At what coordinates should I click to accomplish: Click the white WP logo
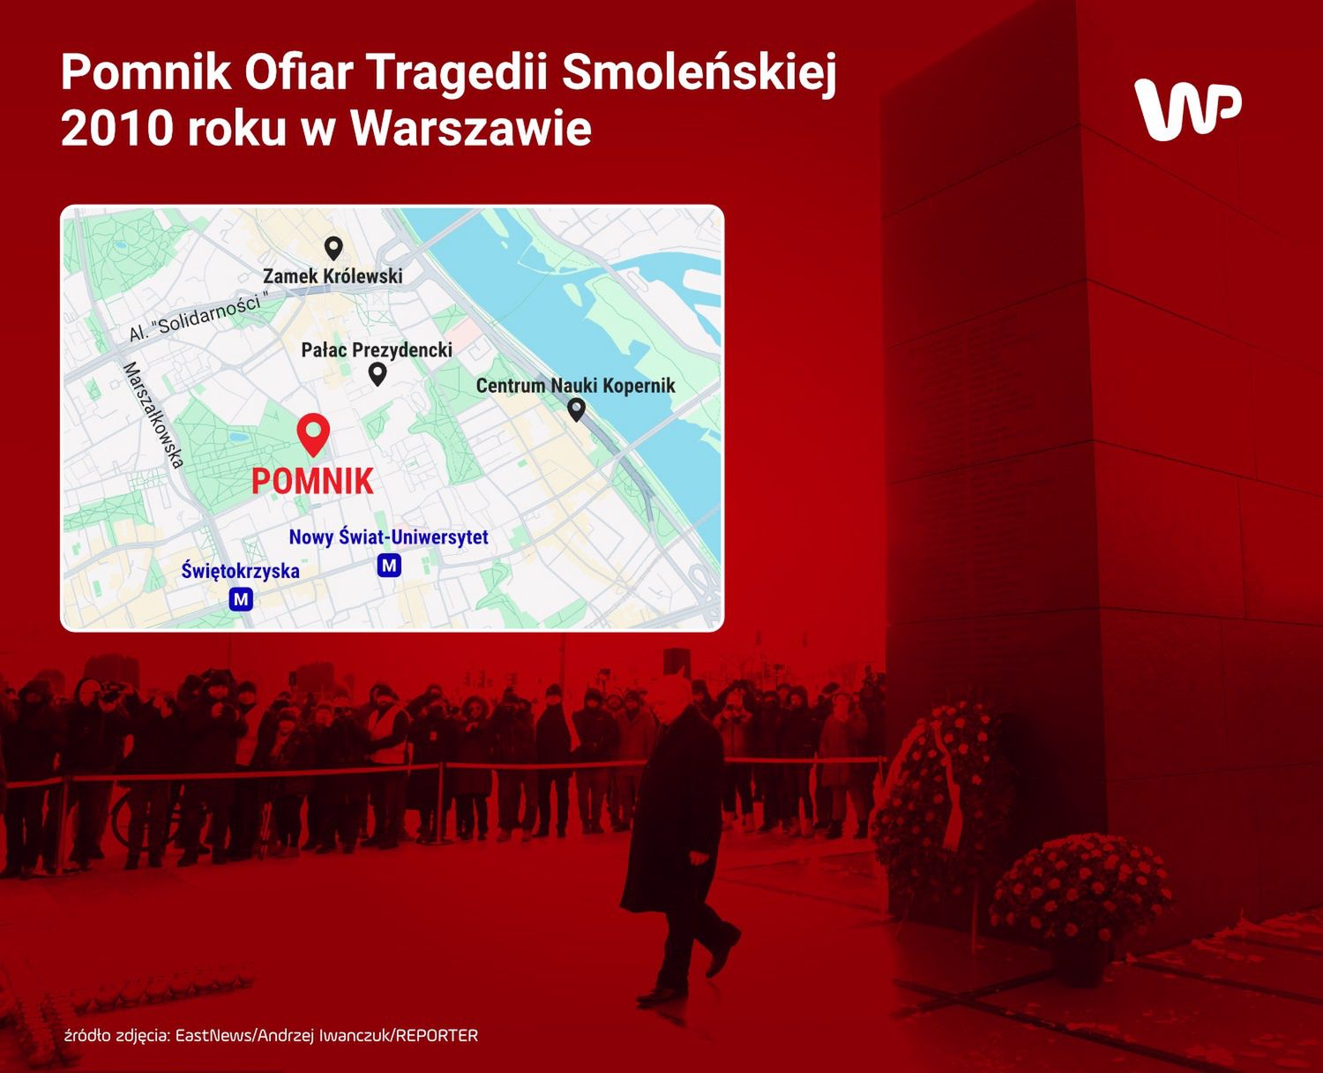tap(1187, 109)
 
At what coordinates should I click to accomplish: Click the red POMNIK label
tap(312, 482)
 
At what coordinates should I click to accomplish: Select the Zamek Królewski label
tap(333, 276)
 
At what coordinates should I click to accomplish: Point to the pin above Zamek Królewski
tap(333, 249)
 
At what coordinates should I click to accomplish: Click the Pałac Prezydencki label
tap(377, 349)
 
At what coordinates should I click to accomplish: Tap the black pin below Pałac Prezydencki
tap(377, 374)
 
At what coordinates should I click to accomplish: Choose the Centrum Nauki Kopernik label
tap(575, 386)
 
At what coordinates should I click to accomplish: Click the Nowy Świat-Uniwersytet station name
tap(389, 536)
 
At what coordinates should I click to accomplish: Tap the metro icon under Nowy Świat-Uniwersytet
tap(389, 566)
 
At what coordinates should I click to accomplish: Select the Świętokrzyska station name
tap(241, 570)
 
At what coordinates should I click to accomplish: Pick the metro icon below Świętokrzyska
tap(241, 599)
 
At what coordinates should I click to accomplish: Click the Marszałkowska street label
tap(154, 415)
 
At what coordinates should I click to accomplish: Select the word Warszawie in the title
tap(471, 129)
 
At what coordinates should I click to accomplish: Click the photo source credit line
tap(272, 1036)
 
